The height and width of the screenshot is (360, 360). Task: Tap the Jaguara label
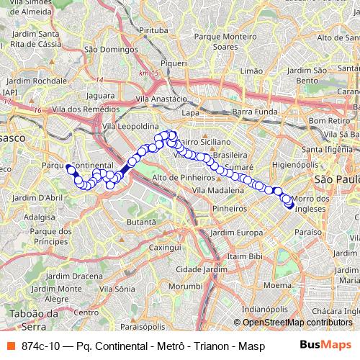(99, 94)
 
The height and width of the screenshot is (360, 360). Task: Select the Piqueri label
(174, 63)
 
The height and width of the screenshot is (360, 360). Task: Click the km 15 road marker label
(150, 74)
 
